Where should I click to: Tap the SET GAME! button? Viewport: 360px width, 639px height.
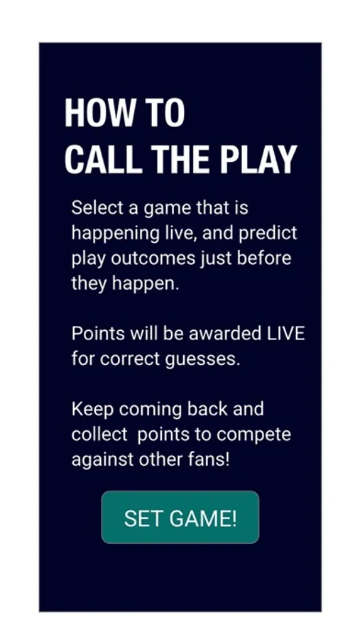tap(180, 517)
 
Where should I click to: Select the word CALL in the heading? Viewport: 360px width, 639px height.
tap(103, 159)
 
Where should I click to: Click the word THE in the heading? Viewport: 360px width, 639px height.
tap(181, 159)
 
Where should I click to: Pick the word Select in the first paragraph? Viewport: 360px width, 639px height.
tap(97, 208)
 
